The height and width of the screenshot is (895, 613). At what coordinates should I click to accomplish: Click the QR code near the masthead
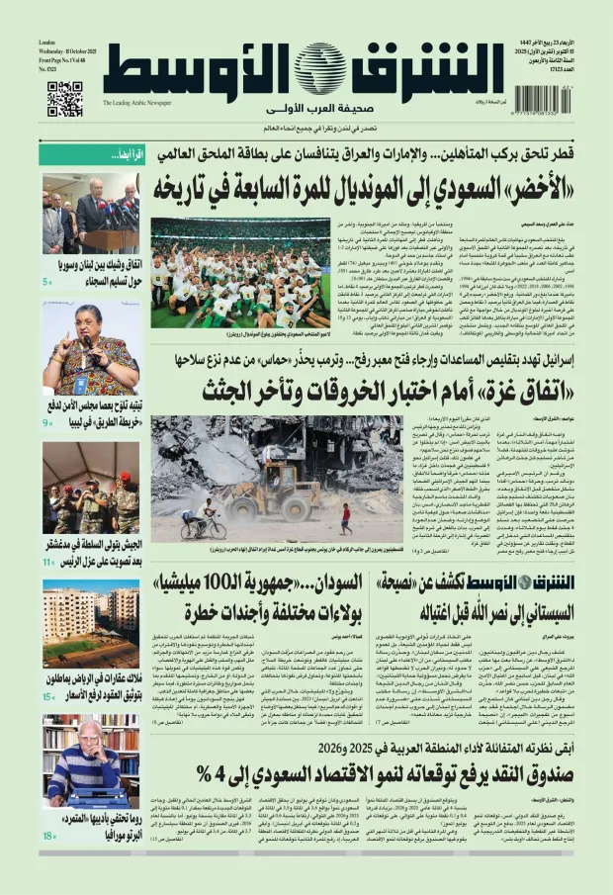pyautogui.click(x=64, y=99)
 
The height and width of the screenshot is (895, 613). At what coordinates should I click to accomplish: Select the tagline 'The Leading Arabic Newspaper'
pyautogui.click(x=137, y=103)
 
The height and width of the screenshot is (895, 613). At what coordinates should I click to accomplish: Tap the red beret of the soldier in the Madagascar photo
pyautogui.click(x=125, y=477)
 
